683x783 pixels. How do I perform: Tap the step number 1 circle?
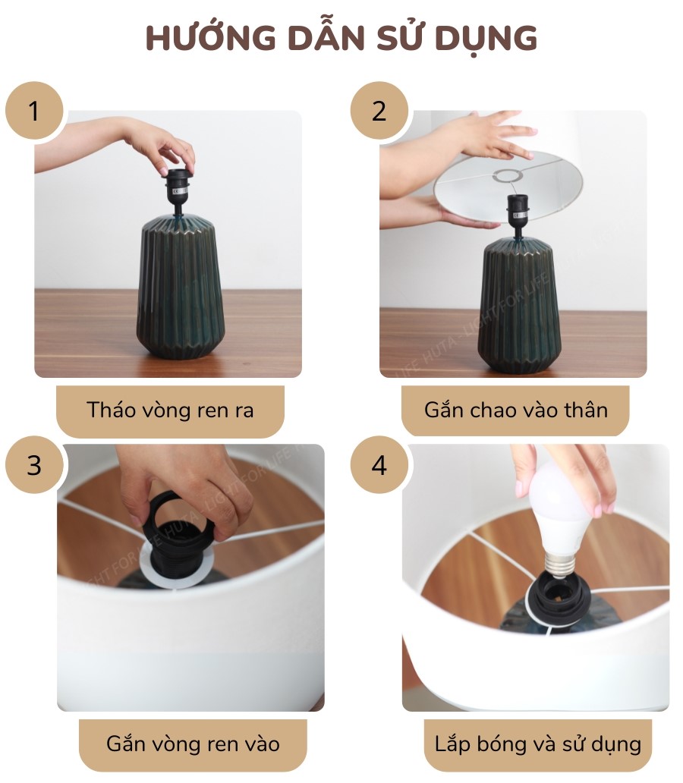click(34, 111)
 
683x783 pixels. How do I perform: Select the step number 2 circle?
click(379, 111)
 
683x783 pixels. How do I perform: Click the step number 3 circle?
click(34, 464)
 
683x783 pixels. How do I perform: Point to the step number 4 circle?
click(379, 464)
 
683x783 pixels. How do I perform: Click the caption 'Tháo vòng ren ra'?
click(170, 410)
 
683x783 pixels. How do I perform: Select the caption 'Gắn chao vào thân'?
click(515, 410)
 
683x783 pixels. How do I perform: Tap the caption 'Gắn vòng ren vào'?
click(193, 744)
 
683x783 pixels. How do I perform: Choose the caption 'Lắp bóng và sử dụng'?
click(537, 744)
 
